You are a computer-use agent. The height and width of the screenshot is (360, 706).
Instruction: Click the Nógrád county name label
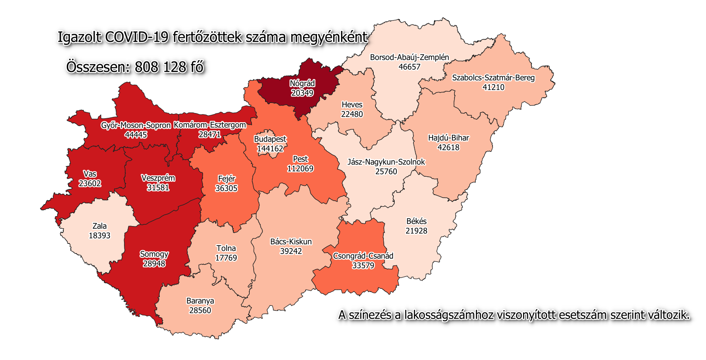[x=302, y=83]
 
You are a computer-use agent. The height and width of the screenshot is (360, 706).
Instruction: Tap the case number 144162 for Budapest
[x=270, y=149]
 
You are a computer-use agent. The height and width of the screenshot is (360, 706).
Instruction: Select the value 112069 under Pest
[x=300, y=169]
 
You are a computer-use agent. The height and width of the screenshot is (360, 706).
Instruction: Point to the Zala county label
[x=100, y=226]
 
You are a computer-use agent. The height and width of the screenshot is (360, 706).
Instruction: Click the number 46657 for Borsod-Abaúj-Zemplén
[x=409, y=67]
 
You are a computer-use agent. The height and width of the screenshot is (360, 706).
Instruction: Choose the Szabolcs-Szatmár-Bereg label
[x=493, y=78]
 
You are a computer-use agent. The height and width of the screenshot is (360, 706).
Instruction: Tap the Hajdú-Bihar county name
[x=448, y=138]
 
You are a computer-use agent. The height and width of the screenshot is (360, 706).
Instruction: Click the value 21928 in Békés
[x=416, y=231]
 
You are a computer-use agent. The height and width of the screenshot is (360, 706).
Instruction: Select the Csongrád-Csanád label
[x=363, y=256]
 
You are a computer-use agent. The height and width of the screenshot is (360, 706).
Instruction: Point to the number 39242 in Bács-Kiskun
[x=291, y=251]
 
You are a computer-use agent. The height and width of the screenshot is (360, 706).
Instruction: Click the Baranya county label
[x=200, y=301]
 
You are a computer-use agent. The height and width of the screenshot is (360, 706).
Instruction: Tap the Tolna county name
[x=226, y=248]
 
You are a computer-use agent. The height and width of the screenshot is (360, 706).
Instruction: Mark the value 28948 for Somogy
[x=154, y=264]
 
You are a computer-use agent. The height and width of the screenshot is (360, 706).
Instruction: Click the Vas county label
[x=90, y=174]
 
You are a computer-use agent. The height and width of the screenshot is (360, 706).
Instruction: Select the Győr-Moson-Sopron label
[x=136, y=126]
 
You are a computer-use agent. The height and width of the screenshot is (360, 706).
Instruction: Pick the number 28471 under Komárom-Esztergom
[x=210, y=134]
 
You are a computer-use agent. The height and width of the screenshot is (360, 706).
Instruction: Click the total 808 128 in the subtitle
[x=161, y=67]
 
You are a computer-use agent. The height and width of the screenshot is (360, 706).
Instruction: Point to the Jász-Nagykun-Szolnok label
[x=386, y=162]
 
